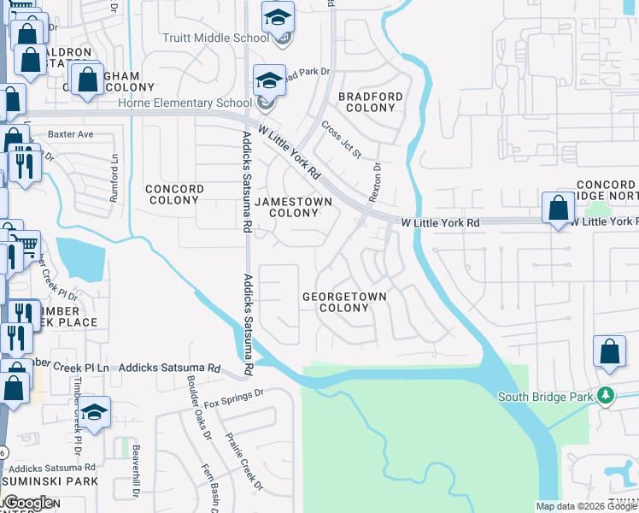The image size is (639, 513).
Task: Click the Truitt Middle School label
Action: [215, 38]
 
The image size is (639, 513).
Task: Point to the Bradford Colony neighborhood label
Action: [370, 103]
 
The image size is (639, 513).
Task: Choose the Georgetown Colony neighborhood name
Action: [344, 303]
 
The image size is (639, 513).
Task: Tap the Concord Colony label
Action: [174, 194]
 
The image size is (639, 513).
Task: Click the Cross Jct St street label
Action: [342, 139]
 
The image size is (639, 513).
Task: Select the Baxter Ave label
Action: [70, 134]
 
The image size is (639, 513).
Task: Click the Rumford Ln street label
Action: [113, 181]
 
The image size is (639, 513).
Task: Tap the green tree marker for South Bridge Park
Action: [606, 395]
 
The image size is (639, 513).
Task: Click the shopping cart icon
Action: [26, 245]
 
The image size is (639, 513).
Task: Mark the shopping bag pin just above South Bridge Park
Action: [609, 351]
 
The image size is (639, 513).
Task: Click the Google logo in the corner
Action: [28, 503]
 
